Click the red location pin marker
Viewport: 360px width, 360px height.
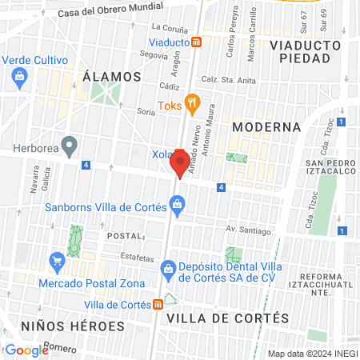[x=180, y=162]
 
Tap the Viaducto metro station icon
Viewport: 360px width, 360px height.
[x=207, y=42]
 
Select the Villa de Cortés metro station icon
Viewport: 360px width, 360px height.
[x=159, y=304]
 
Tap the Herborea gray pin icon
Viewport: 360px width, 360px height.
[x=70, y=146]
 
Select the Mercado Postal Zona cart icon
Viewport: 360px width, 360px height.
[x=57, y=262]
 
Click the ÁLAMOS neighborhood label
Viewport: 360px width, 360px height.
[x=111, y=77]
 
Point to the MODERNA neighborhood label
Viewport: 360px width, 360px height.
[x=266, y=127]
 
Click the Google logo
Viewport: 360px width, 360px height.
[x=26, y=350]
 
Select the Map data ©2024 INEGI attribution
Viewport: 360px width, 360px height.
[x=312, y=354]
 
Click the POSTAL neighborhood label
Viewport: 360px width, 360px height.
[x=124, y=237]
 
